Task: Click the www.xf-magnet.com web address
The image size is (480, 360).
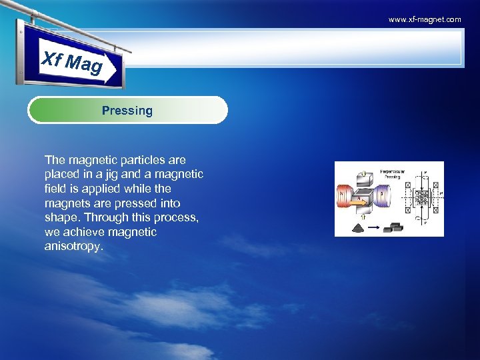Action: [425, 19]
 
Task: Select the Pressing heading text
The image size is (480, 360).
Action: [127, 111]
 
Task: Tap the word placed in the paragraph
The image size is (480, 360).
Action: [62, 175]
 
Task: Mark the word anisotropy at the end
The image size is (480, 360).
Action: [73, 247]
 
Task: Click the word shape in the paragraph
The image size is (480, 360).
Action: [59, 218]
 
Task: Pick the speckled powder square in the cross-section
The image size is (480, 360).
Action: [421, 199]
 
